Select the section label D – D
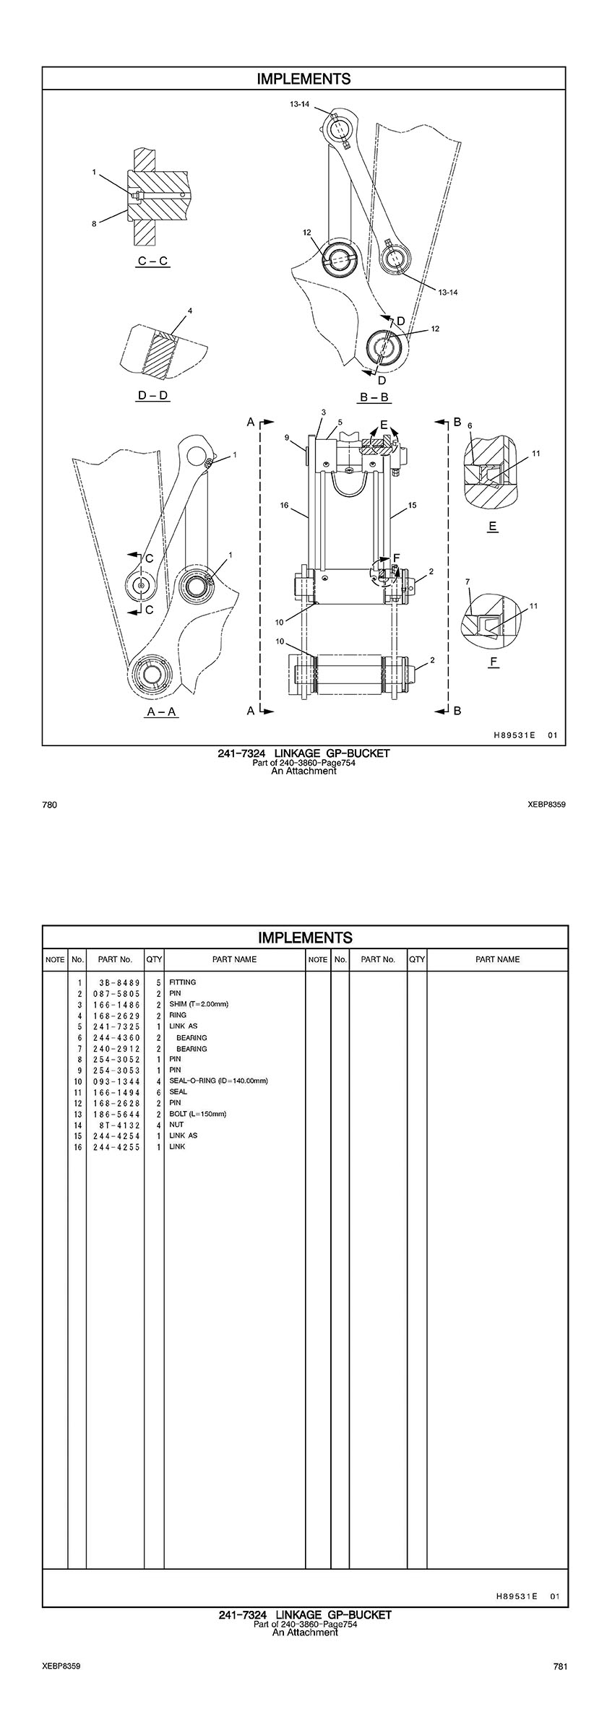[x=152, y=396]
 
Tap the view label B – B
[x=374, y=397]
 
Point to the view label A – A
[x=162, y=712]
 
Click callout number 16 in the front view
[x=285, y=506]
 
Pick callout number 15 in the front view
[x=413, y=506]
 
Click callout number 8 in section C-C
[x=94, y=224]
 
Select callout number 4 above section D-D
[x=190, y=311]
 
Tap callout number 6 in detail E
[x=470, y=426]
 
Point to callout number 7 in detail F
[x=468, y=581]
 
